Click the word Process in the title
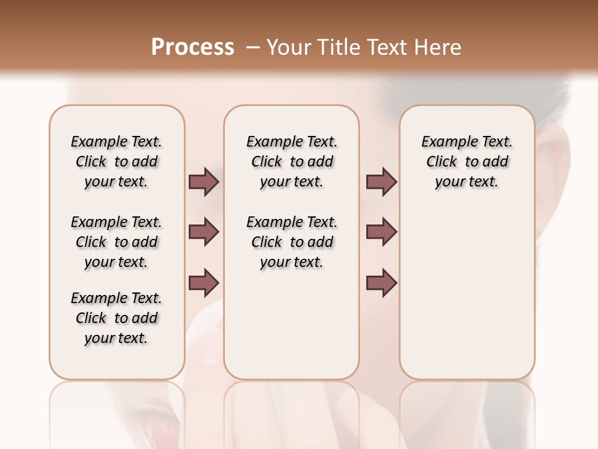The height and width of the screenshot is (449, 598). (192, 47)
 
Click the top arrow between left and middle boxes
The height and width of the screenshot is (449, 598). (204, 181)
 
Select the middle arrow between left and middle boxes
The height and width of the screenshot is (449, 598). (204, 232)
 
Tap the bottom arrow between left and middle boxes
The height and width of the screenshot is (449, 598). (204, 282)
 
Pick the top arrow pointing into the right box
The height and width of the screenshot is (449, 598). (381, 181)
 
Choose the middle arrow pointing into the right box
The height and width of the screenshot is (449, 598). (381, 232)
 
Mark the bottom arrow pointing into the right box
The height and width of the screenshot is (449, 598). (381, 282)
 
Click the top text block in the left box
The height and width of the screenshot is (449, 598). (116, 162)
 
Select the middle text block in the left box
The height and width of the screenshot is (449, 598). (116, 242)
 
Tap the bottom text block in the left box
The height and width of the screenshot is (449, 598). (116, 318)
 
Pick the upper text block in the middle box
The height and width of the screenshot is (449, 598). (292, 162)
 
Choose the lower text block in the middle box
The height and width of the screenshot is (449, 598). (292, 242)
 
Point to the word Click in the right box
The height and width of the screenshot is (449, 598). (442, 162)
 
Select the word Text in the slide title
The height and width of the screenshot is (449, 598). (387, 47)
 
